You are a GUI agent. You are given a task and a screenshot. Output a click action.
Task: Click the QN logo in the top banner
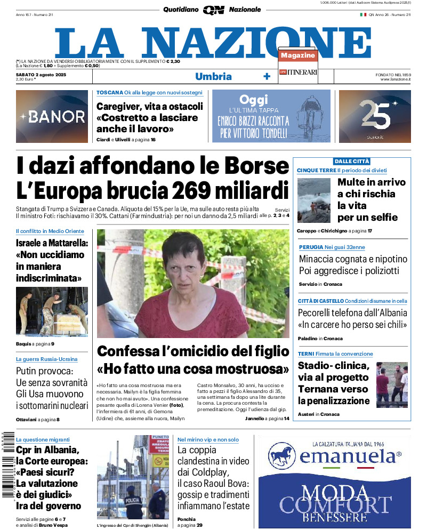[x=213, y=10]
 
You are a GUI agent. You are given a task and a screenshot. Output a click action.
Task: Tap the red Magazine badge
[x=298, y=55]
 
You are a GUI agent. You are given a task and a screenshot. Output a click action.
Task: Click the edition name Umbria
[x=213, y=76]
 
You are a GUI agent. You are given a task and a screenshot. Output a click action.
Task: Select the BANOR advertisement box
[x=52, y=116]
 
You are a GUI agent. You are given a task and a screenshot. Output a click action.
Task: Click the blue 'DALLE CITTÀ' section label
[x=351, y=161]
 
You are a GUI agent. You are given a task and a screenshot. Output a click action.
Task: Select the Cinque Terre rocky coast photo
[x=313, y=200]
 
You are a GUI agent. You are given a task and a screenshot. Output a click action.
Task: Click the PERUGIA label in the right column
[x=311, y=247]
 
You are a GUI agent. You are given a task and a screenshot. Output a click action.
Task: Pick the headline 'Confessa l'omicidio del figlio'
[x=193, y=351]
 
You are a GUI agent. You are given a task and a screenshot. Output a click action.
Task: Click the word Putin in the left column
[x=31, y=371]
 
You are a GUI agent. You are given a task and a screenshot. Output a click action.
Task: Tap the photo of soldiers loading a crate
[x=52, y=311]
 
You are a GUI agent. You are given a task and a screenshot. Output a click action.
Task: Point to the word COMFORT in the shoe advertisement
[x=335, y=504]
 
